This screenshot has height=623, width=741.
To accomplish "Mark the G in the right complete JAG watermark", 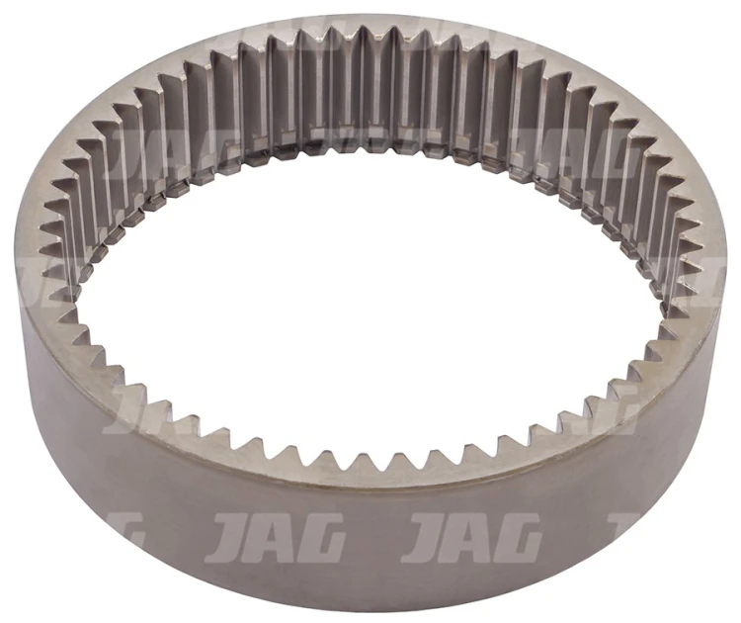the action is pyautogui.click(x=518, y=538).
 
